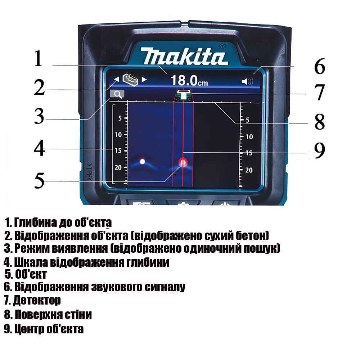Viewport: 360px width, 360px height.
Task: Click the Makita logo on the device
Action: tap(184, 56)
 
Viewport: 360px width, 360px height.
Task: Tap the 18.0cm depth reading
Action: tap(189, 81)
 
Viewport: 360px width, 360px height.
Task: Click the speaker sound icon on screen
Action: tap(248, 81)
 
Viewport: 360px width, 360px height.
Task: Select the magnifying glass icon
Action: tap(117, 94)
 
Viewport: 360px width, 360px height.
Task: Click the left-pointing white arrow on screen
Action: tap(117, 80)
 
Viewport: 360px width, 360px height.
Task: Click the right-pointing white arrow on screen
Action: tap(144, 80)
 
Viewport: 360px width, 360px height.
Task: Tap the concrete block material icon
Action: tap(130, 80)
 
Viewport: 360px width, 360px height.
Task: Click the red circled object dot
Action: tap(183, 163)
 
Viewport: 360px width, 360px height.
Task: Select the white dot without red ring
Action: tap(142, 162)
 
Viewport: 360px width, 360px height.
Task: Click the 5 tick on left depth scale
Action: tap(120, 118)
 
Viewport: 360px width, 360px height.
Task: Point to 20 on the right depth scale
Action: tap(249, 170)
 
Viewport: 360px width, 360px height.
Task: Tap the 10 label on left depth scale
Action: tap(118, 135)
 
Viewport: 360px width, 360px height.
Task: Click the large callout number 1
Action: tap(39, 59)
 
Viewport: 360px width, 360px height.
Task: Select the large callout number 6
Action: tap(320, 66)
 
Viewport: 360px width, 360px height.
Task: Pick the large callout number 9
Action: tap(319, 150)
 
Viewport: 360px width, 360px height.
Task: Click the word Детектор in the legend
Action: tap(37, 300)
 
